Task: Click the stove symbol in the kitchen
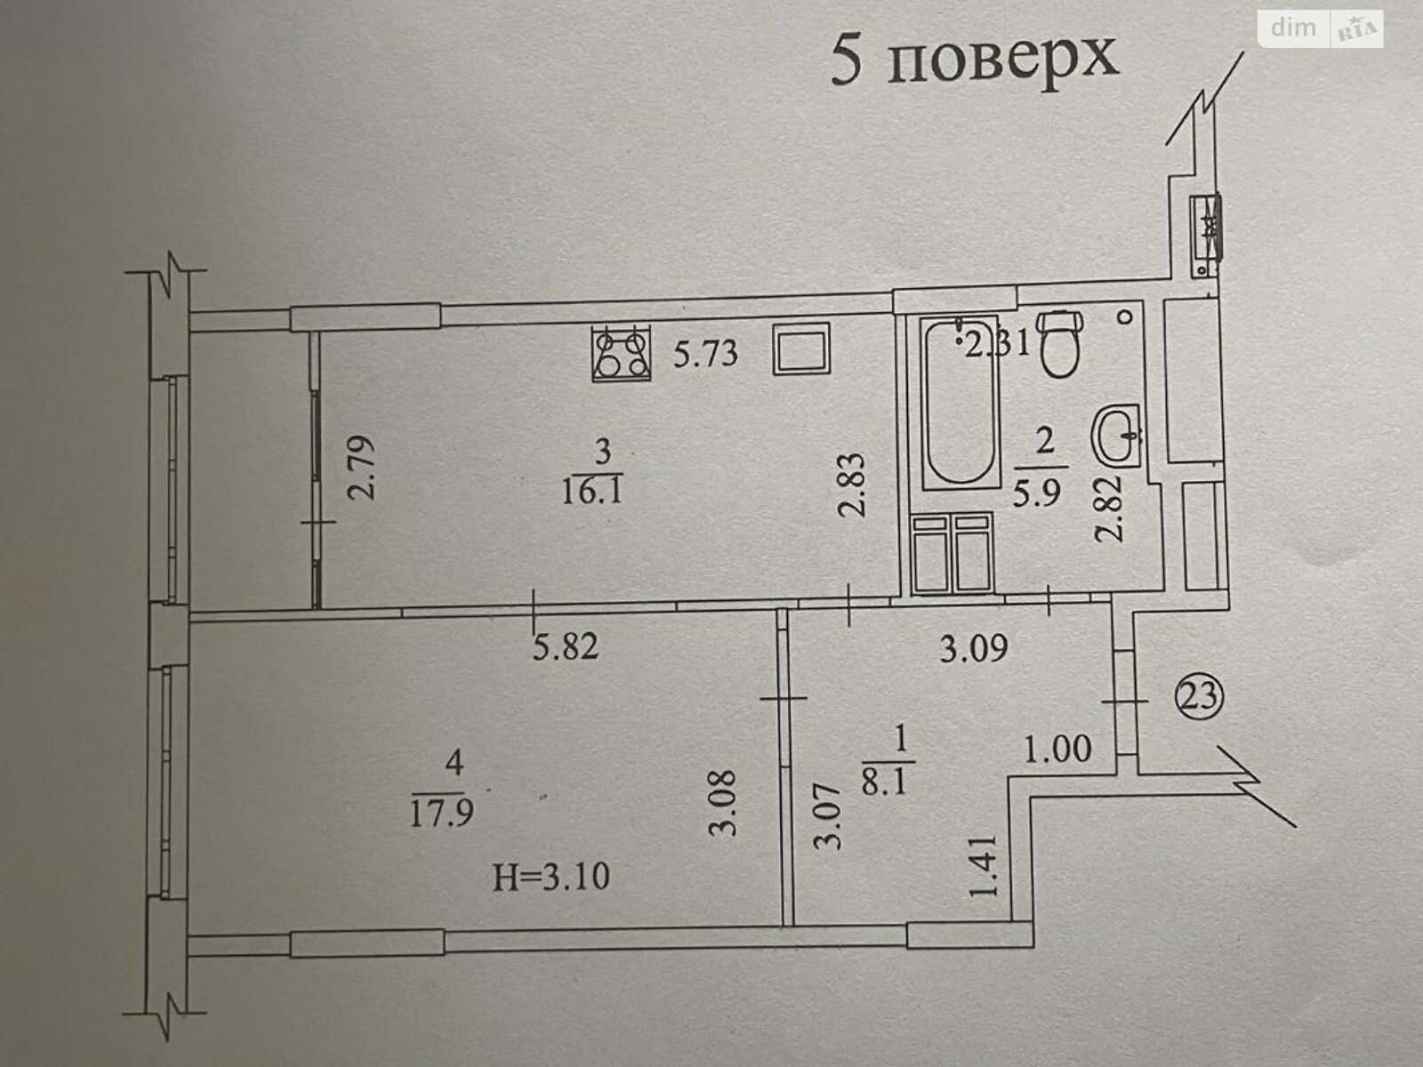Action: pos(621,353)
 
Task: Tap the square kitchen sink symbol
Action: pos(801,349)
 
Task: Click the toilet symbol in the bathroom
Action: pos(1061,343)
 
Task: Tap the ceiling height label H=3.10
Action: pos(551,878)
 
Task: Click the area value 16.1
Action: pos(592,492)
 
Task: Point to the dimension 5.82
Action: pos(566,646)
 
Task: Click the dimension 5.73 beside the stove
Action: pos(705,355)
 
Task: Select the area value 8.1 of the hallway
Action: pos(887,782)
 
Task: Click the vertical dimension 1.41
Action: pos(983,865)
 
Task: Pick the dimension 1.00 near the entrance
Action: pos(1057,749)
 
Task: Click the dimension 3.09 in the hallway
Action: pos(974,648)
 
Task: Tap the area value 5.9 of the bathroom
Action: pos(1037,493)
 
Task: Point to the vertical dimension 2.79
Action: pos(361,467)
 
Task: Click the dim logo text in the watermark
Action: pos(1294,28)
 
